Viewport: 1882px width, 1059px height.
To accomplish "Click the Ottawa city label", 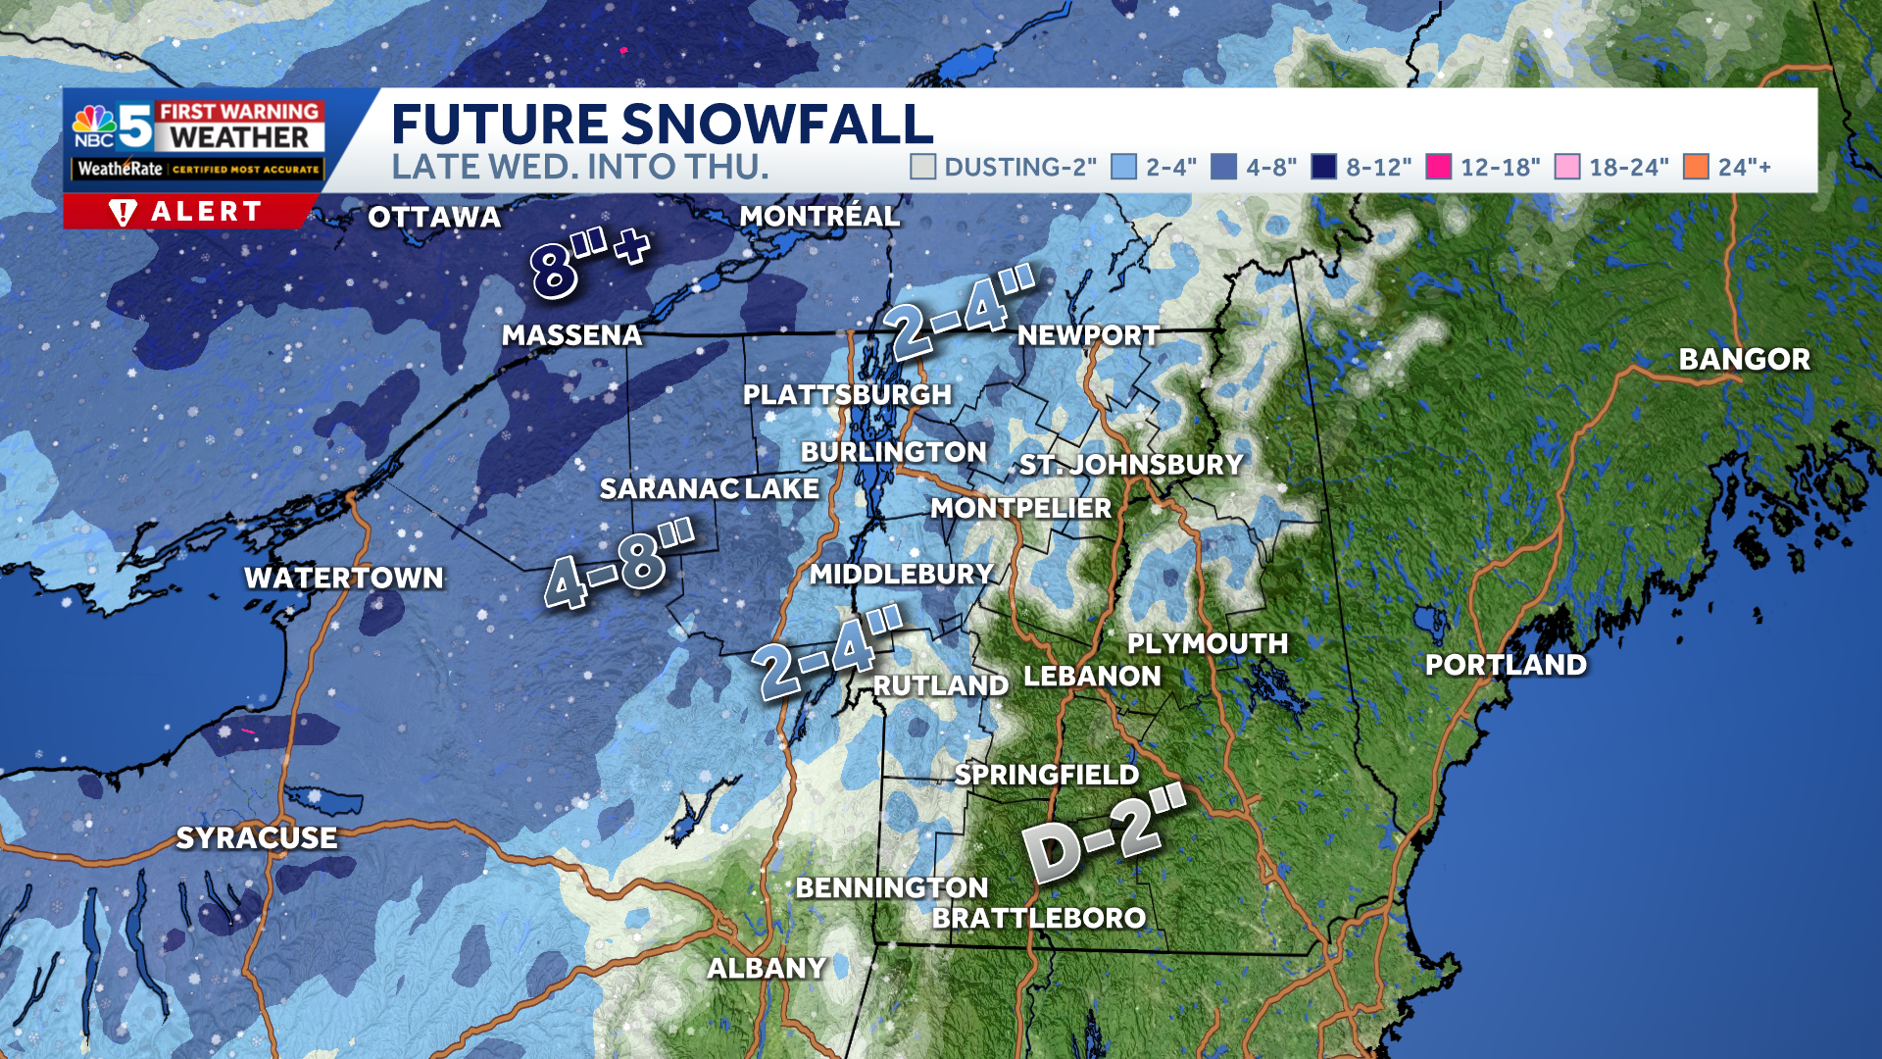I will [434, 217].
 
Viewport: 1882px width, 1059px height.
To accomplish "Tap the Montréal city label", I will [819, 216].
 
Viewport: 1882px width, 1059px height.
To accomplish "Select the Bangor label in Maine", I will [1744, 359].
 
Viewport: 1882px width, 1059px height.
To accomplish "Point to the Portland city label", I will [1506, 665].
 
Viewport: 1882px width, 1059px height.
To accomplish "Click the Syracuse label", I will [257, 837].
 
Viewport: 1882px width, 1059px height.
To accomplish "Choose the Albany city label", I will [767, 968].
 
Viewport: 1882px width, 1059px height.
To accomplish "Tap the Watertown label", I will [344, 578].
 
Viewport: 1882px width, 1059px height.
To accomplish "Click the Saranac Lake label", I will [709, 488].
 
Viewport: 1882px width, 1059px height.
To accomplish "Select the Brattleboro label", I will [1038, 918].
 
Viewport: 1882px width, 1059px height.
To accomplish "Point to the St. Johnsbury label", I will [1131, 464].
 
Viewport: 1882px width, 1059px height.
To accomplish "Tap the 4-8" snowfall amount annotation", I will [619, 565].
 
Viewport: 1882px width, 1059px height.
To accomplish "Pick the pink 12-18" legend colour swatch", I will [1438, 167].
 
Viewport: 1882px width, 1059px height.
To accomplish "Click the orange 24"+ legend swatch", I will [1696, 167].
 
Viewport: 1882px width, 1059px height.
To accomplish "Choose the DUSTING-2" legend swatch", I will [922, 167].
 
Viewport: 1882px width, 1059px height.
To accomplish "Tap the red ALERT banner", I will [189, 211].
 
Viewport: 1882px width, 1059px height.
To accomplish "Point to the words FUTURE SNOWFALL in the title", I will [662, 125].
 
